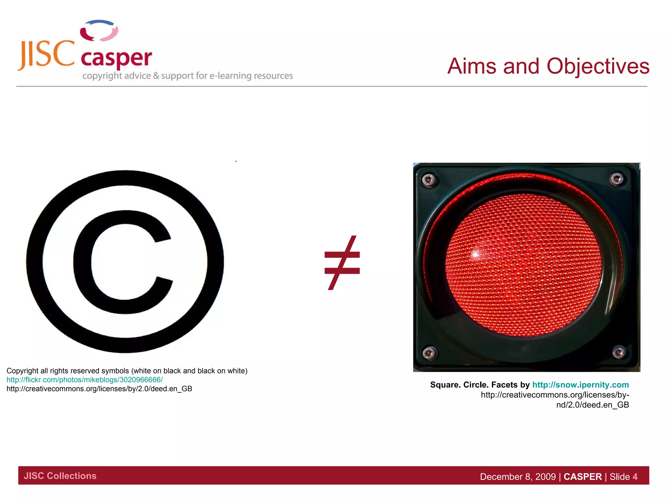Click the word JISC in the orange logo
point(47,54)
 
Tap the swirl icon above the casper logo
point(99,30)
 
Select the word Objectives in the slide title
point(598,66)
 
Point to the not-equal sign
point(342,263)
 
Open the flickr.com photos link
point(84,380)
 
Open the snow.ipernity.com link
point(580,385)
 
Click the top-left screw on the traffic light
point(429,180)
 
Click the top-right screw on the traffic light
point(616,178)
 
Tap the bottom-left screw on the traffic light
point(429,353)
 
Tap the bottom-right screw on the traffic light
point(618,352)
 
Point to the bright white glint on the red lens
point(476,254)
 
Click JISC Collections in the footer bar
point(60,476)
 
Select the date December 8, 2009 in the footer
point(518,477)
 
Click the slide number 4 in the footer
point(635,477)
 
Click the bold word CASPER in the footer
point(583,477)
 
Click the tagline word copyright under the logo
point(102,76)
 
